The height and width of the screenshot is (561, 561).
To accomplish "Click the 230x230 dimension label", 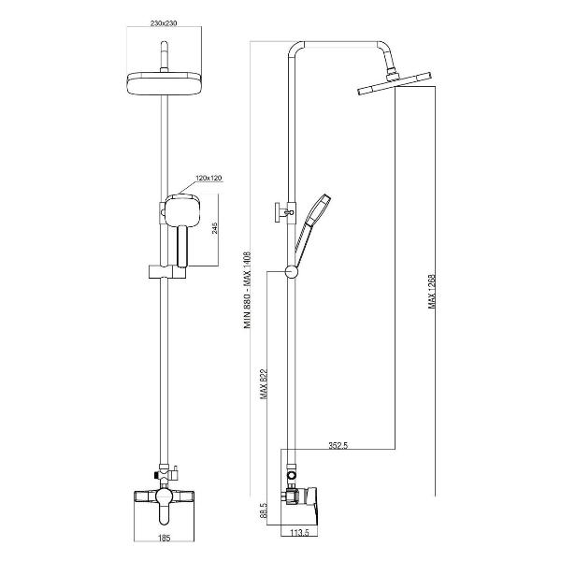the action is (x=164, y=23).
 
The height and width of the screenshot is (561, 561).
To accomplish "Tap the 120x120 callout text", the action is (x=209, y=178).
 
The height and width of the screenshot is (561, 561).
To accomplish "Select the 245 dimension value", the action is (x=215, y=228).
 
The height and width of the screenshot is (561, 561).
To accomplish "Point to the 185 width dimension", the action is (x=164, y=538).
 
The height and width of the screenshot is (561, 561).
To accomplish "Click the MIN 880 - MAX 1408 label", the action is (x=248, y=290).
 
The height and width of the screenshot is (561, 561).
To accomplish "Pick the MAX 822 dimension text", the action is (x=264, y=383).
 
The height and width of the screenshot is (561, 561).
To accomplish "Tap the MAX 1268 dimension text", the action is (x=432, y=292).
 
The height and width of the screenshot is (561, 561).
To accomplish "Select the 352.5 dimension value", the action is (x=338, y=445).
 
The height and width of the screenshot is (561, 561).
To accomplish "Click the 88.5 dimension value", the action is (x=264, y=511).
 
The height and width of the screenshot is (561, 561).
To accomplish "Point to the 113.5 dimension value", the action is (x=299, y=533).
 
